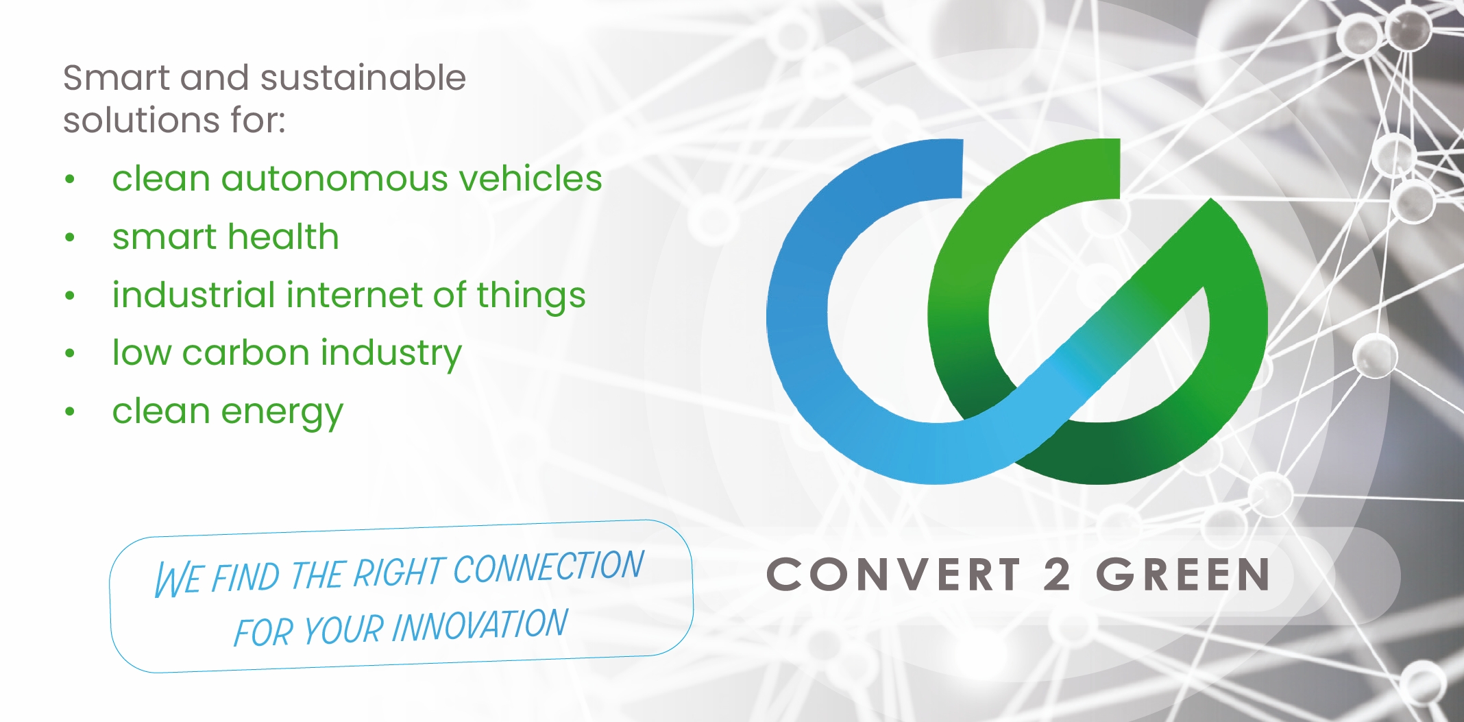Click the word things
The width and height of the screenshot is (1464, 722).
point(531,296)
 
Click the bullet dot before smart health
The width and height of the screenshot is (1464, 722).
point(69,238)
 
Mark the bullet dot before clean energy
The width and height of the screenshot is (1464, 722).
point(69,412)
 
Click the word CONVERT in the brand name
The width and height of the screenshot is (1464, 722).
point(894,575)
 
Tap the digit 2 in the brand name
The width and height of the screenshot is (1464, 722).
point(1057,574)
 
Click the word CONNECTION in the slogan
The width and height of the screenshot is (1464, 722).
point(548,567)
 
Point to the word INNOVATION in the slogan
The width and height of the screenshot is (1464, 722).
point(480,626)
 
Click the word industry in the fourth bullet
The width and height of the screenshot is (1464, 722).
point(391,354)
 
